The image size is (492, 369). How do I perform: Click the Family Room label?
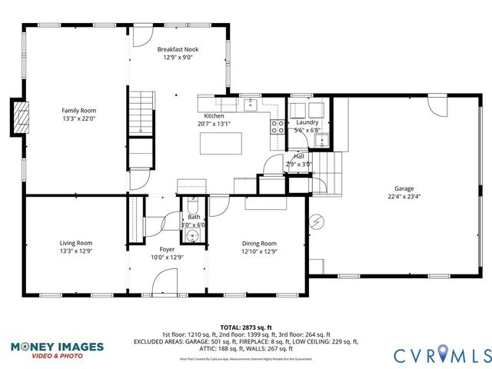click(x=78, y=111)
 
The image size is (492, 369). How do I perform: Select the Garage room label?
click(x=404, y=188)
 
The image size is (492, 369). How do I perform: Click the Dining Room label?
click(x=259, y=243)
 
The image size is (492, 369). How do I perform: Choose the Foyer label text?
click(x=167, y=250)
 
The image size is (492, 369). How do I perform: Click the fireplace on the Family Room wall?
click(x=23, y=117)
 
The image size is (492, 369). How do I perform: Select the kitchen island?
click(x=220, y=143)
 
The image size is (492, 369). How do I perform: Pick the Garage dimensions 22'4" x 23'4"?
click(x=404, y=197)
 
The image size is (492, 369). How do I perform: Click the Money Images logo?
click(x=58, y=350)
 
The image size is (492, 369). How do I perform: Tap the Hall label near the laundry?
click(x=298, y=156)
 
